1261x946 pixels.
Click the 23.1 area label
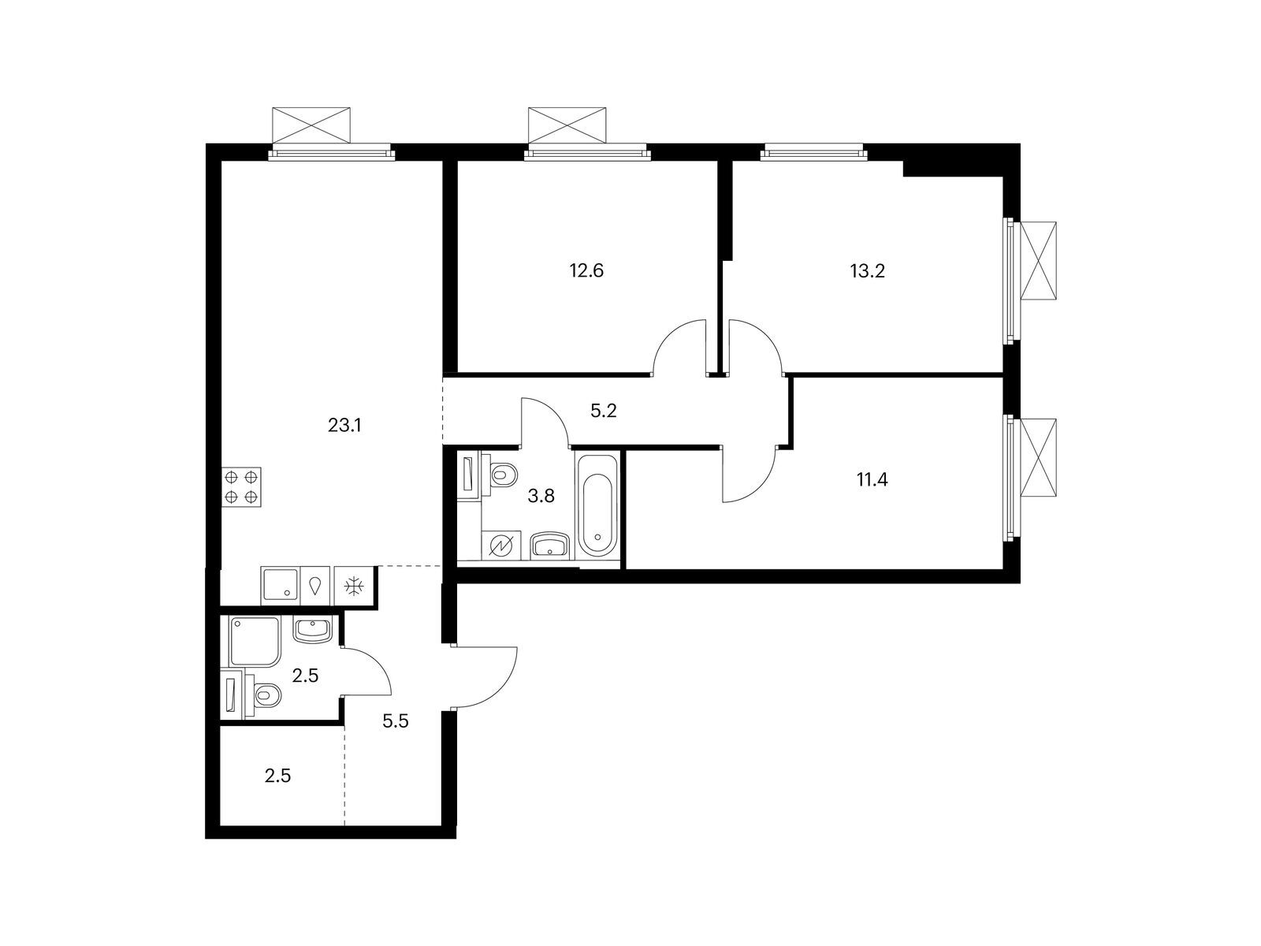coord(344,426)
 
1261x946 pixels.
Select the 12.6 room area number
coord(586,270)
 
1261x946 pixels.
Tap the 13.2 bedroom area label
coord(868,270)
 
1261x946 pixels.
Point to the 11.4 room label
coord(872,479)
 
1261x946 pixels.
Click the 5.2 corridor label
coord(603,411)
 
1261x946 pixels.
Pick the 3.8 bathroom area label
coord(541,496)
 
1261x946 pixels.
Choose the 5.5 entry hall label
coord(396,721)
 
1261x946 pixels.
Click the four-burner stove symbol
coord(242,487)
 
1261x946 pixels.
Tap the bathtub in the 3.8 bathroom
coord(597,506)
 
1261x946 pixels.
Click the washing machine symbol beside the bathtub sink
coord(501,545)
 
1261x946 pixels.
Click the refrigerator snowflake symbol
coord(354,586)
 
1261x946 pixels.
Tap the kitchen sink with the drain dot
coord(280,586)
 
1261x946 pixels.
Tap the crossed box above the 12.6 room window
coord(567,125)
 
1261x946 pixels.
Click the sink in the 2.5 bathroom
coord(313,631)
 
